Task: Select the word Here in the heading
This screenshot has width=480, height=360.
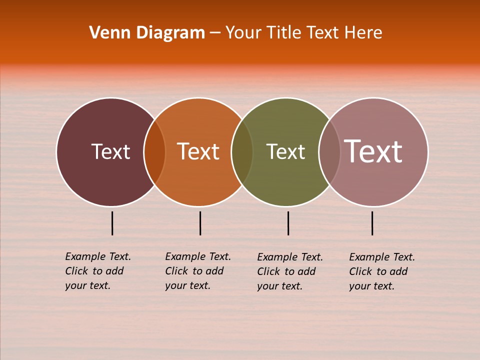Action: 363,33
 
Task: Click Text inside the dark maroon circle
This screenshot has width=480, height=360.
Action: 110,151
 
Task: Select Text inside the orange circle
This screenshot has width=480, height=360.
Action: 198,151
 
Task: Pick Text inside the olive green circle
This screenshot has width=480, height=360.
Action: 285,151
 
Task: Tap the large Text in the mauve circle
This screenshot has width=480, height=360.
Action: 373,151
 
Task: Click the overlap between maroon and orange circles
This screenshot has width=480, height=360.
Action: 154,152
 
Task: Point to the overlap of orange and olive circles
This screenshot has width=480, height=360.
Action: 242,152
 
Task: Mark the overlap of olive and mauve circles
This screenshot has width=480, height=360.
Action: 329,152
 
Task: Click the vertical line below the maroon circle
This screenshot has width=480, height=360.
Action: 112,223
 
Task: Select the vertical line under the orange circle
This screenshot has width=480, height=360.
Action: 200,223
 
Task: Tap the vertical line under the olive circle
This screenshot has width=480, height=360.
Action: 288,223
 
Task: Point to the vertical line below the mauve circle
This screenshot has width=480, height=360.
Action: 372,223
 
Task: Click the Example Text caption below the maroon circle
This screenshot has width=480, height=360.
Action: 97,271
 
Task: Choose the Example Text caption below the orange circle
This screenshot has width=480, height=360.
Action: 197,271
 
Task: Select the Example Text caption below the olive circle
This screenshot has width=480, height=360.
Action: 289,271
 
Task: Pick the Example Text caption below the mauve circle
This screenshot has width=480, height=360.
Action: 381,271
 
